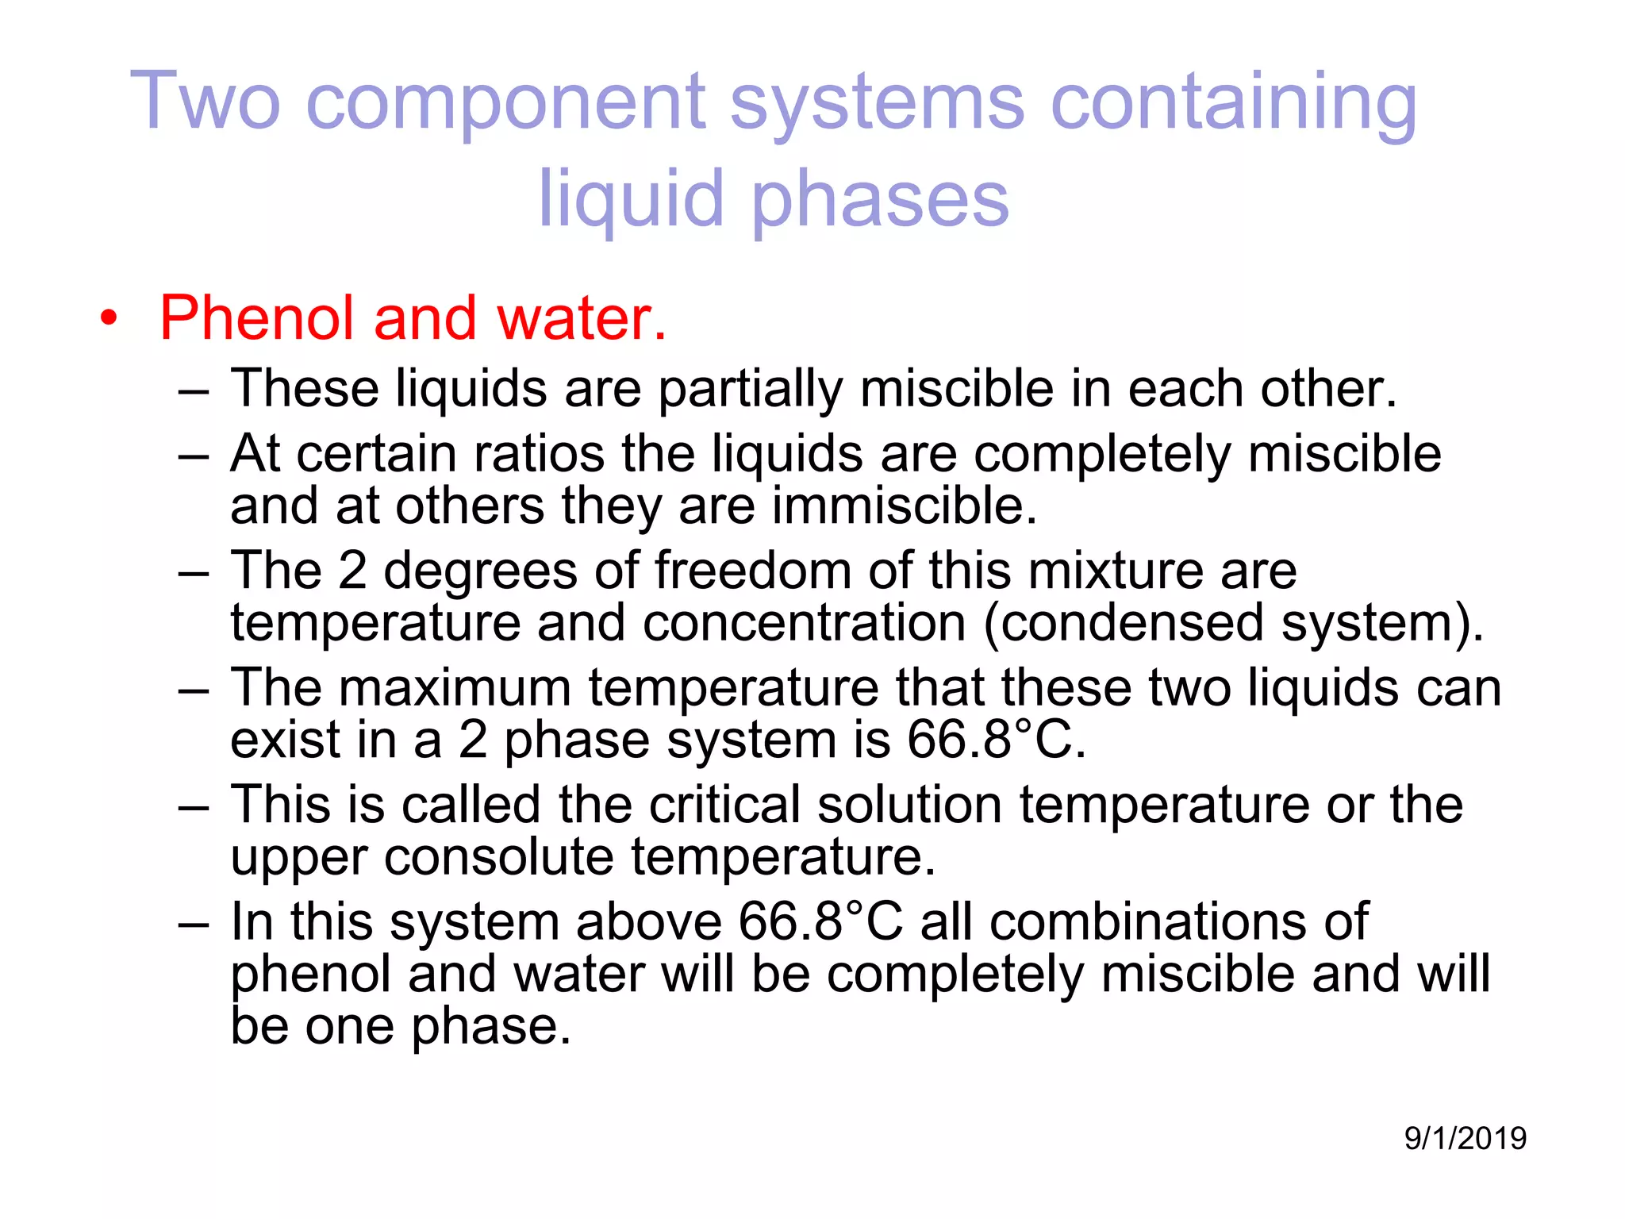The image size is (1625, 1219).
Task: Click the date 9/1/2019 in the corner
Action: [1465, 1138]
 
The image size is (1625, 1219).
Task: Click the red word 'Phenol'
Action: [255, 317]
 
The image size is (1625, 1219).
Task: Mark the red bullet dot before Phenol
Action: [109, 319]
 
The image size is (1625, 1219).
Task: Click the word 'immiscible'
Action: [905, 506]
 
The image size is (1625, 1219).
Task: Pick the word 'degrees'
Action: [480, 571]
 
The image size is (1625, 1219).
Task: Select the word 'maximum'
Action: [455, 687]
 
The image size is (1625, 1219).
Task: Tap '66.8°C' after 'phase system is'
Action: [996, 740]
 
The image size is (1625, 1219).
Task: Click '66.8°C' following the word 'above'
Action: [820, 922]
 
